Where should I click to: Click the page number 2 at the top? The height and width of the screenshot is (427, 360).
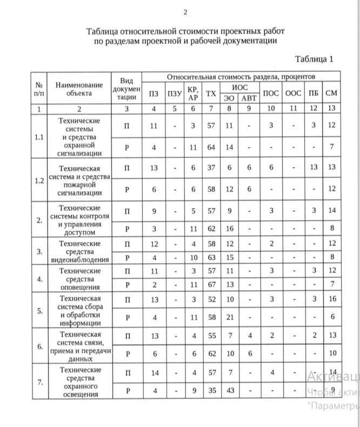pyautogui.click(x=185, y=12)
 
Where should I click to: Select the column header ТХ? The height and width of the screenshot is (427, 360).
pyautogui.click(x=210, y=93)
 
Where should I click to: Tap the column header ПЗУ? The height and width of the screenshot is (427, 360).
pyautogui.click(x=174, y=93)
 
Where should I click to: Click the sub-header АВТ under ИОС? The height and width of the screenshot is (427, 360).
pyautogui.click(x=249, y=98)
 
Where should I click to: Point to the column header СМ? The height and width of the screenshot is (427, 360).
pyautogui.click(x=332, y=93)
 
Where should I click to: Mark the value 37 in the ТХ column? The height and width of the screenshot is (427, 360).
pyautogui.click(x=210, y=168)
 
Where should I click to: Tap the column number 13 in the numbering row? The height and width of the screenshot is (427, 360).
pyautogui.click(x=332, y=109)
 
